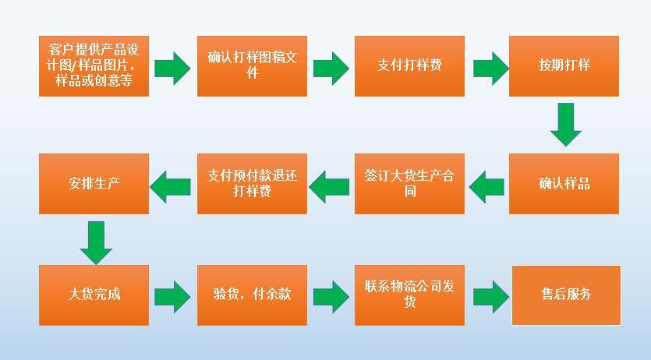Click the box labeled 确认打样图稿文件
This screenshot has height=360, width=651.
pyautogui.click(x=252, y=66)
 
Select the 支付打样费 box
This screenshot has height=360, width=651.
pyautogui.click(x=409, y=66)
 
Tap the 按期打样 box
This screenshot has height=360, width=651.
pyautogui.click(x=564, y=66)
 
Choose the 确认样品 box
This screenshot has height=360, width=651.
pyautogui.click(x=564, y=184)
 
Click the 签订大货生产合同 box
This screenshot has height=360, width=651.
pyautogui.click(x=409, y=184)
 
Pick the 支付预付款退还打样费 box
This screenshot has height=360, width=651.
pyautogui.click(x=252, y=184)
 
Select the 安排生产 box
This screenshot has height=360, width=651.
pyautogui.click(x=94, y=184)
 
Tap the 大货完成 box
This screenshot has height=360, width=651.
pyautogui.click(x=94, y=295)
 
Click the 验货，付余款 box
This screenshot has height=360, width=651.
pyautogui.click(x=252, y=295)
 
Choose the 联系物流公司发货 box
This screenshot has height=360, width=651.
pyautogui.click(x=409, y=295)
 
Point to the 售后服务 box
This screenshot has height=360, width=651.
pyautogui.click(x=566, y=295)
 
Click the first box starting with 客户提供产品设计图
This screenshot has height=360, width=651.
pyautogui.click(x=94, y=66)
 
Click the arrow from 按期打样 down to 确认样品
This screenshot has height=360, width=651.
pyautogui.click(x=565, y=125)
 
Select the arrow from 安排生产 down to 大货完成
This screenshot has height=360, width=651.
pyautogui.click(x=96, y=242)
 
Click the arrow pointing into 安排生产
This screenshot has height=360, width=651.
pyautogui.click(x=172, y=185)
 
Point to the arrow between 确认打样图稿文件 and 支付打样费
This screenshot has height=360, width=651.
pyautogui.click(x=331, y=68)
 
